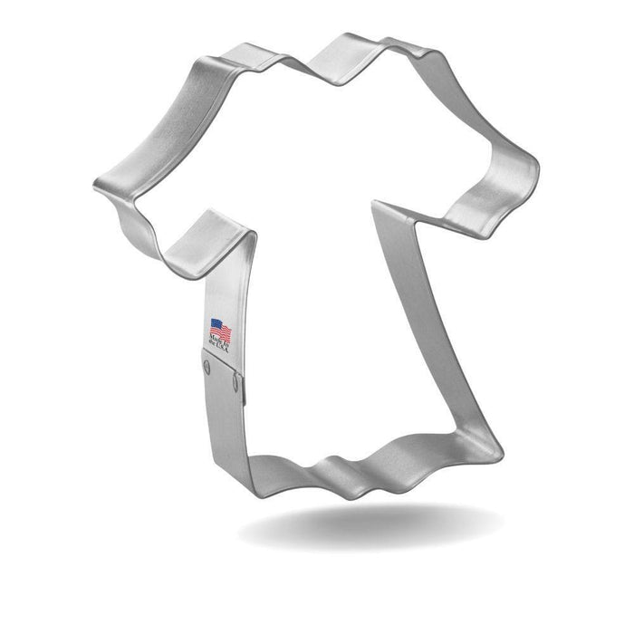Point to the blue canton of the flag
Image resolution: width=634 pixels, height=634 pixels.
click(216, 322)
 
